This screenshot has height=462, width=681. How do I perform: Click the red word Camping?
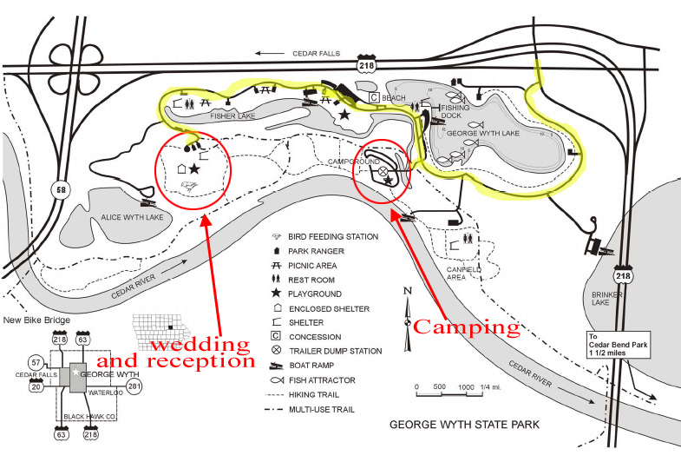[x=466, y=327]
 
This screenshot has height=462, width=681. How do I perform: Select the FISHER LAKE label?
[x=211, y=115]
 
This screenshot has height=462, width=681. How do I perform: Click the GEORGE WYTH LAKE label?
[x=482, y=134]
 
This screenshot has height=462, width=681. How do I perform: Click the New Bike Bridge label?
[x=35, y=320]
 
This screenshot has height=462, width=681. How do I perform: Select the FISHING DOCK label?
[x=455, y=112]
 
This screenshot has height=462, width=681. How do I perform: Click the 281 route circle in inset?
[x=134, y=385]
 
